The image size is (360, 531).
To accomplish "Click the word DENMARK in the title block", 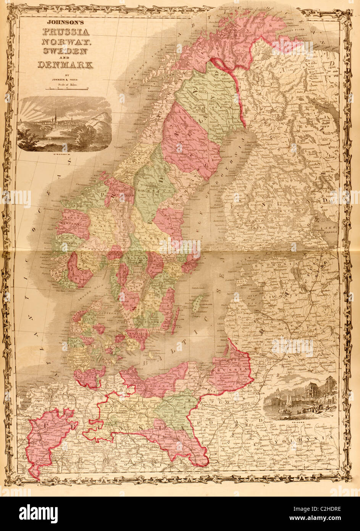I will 65,65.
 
